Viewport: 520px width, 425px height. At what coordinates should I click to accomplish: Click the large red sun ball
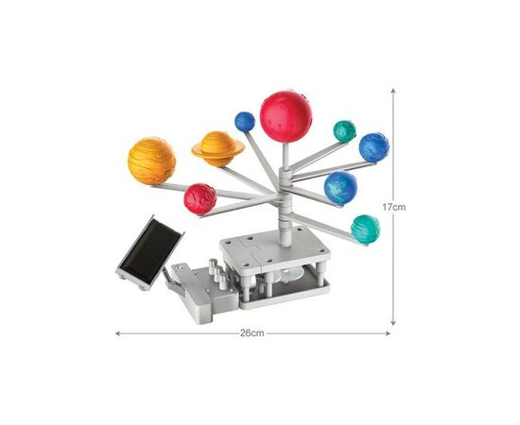[286, 116]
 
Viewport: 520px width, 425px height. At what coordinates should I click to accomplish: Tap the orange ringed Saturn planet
[217, 148]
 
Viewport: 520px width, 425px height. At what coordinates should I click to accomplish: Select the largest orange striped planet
[151, 161]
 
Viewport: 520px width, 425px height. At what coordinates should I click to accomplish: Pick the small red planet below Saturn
[200, 199]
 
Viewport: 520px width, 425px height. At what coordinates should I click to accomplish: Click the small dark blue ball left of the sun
[245, 122]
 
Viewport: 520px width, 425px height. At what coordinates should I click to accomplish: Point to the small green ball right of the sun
[344, 131]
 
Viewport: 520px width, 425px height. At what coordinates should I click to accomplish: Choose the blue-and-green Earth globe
[340, 188]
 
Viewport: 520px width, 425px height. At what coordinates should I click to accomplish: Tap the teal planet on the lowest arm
[365, 229]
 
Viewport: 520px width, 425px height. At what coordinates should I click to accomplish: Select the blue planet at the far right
[374, 147]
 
